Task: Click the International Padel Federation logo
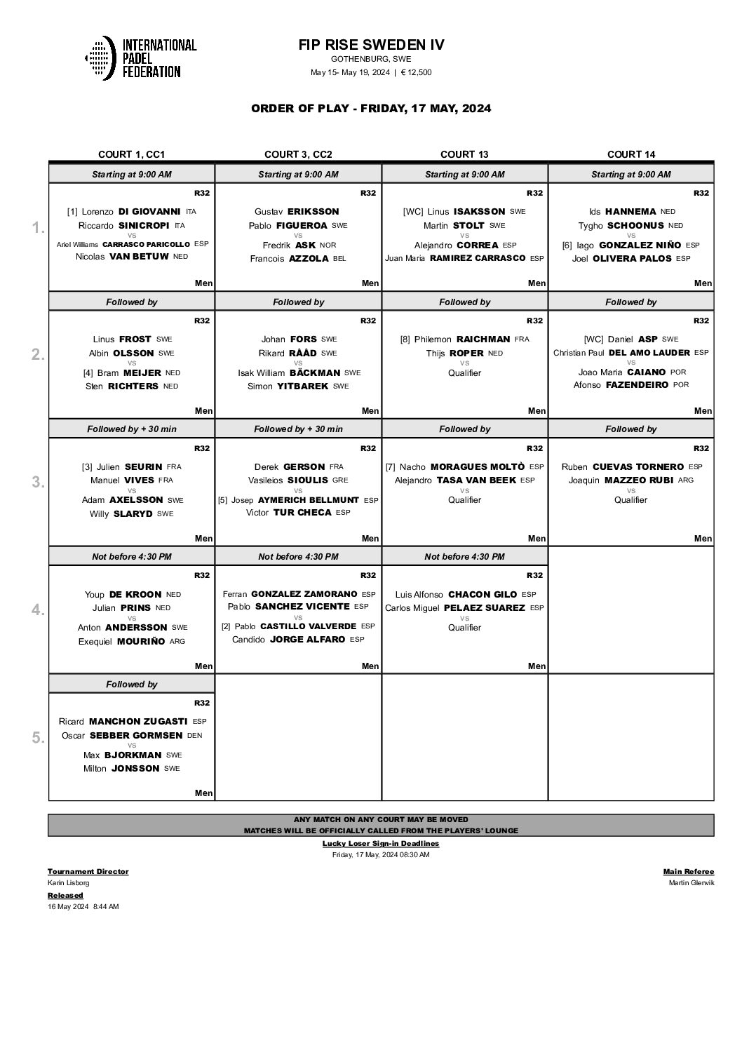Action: coord(140,58)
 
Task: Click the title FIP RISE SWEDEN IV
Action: coord(371,45)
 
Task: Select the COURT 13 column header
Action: coord(464,154)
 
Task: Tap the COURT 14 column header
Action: coord(630,154)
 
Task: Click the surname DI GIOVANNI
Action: coord(149,211)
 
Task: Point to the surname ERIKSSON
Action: coord(313,211)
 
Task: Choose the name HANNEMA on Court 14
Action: coord(630,211)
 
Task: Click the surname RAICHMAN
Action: coord(483,339)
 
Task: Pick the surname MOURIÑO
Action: coord(141,641)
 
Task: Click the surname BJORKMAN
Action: coord(133,755)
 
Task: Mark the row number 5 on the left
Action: coord(38,738)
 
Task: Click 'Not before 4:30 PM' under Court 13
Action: coord(464,556)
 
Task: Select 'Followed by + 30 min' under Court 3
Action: coord(298,429)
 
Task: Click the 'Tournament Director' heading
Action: coord(88,871)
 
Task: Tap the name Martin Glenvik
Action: coord(692,882)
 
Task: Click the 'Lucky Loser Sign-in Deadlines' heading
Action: coord(381,843)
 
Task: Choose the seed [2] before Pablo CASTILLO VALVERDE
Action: coord(226,626)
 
